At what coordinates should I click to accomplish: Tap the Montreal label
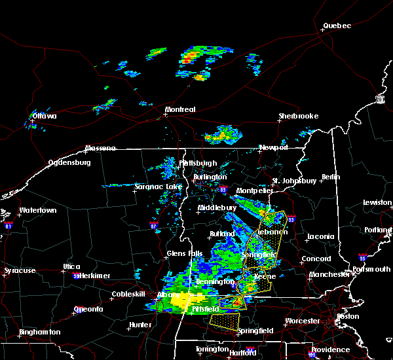coord(180,109)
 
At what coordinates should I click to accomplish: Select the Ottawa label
coord(45,117)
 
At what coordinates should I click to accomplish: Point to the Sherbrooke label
coord(298,116)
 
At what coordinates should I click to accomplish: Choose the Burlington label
coord(210,177)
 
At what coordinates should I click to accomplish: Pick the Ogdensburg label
coord(70,162)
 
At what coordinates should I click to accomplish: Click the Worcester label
coord(302,321)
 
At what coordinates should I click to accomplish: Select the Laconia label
coord(321,236)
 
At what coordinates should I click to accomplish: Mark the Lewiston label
coord(377,203)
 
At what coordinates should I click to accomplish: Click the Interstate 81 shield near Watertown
coord(9,225)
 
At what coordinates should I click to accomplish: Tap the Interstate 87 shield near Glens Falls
coord(154,227)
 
